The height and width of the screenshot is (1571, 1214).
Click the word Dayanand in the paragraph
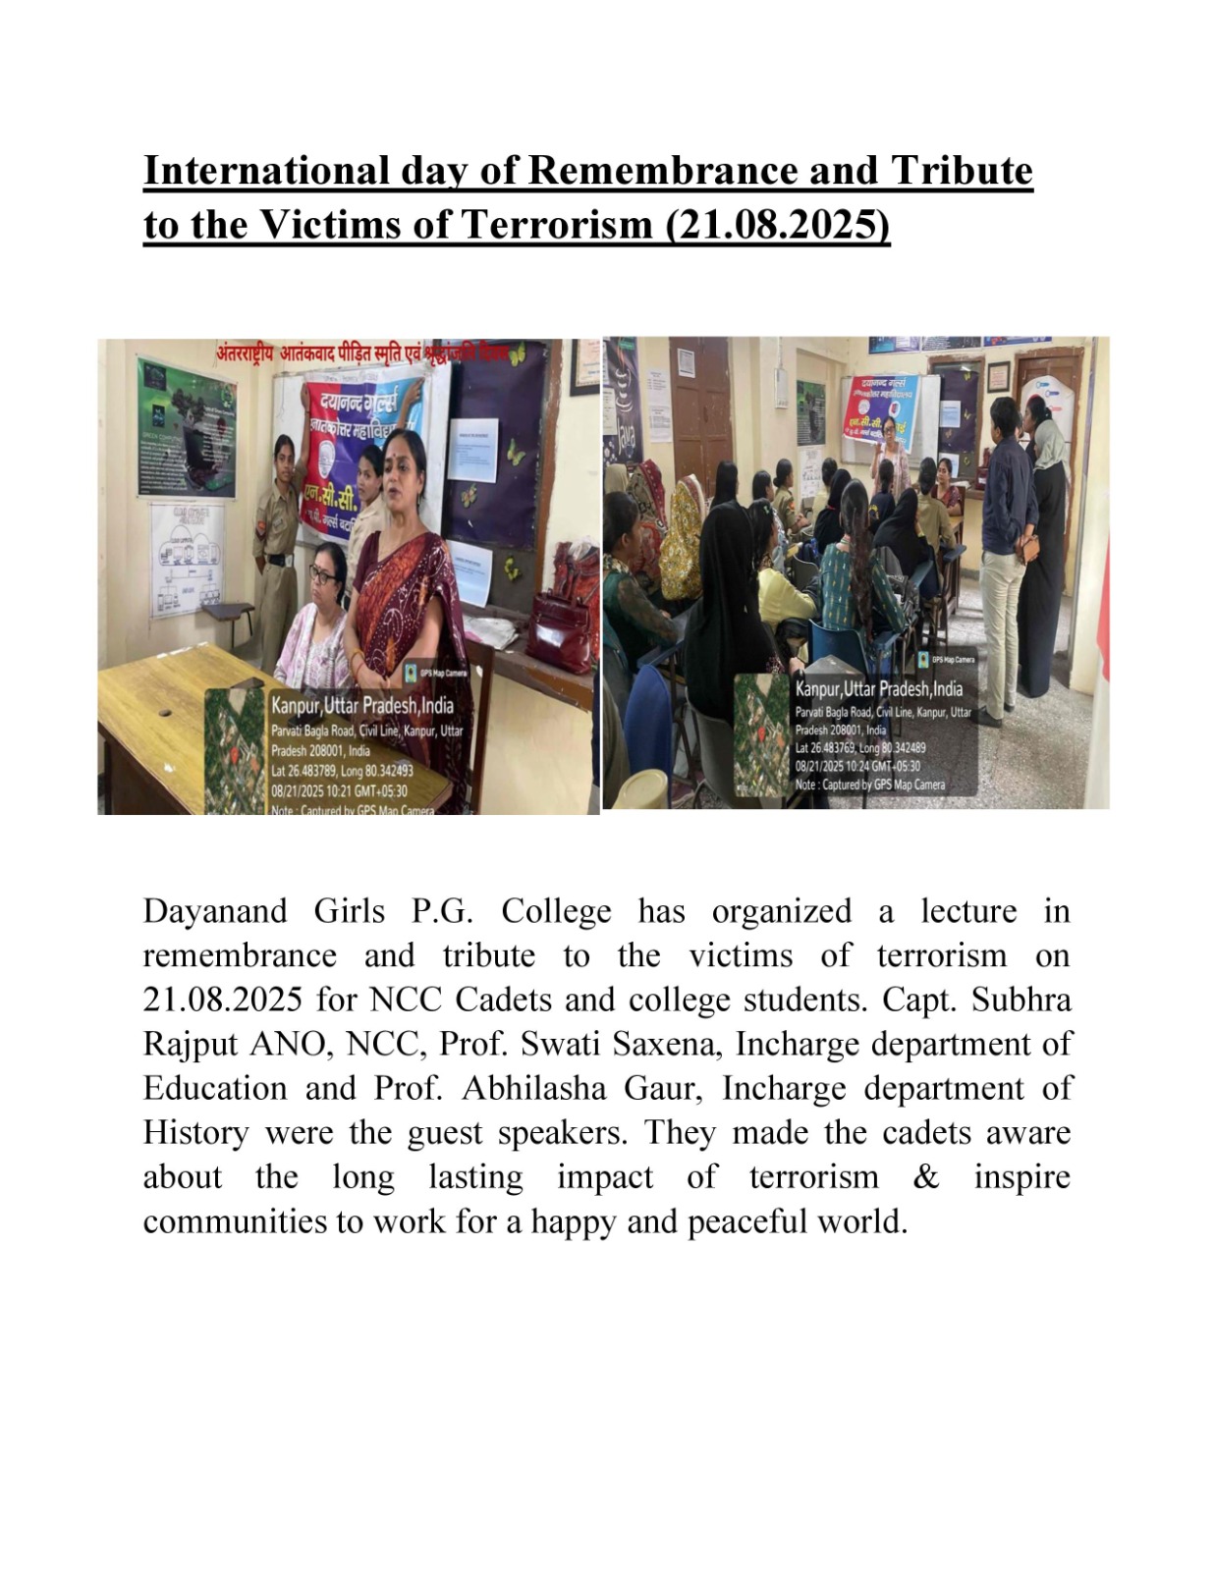(x=214, y=911)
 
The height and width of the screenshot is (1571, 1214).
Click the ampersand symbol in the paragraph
(x=925, y=1176)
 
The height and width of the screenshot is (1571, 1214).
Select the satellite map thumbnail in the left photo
(x=235, y=751)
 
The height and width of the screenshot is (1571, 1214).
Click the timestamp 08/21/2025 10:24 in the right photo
(x=856, y=766)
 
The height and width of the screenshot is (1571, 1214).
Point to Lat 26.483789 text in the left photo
(x=341, y=772)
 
